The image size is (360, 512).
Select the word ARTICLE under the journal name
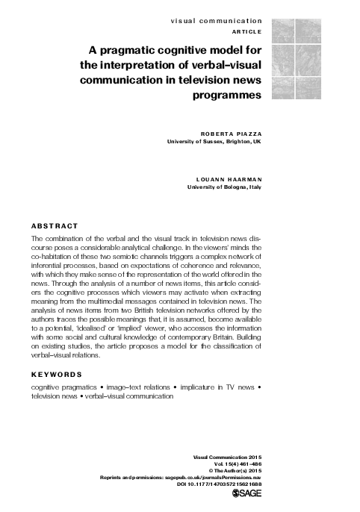[x=246, y=34]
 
